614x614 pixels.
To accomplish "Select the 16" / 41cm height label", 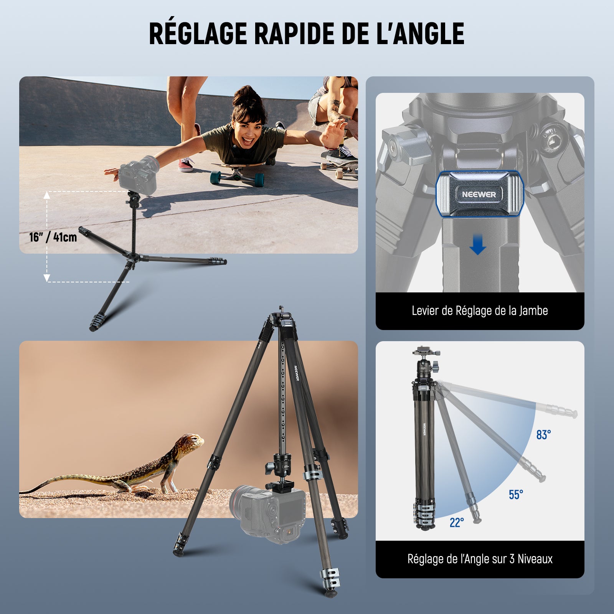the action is click(53, 237).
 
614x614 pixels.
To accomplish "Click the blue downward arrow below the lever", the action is click(477, 246).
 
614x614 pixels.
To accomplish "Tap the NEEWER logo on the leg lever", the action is click(479, 194).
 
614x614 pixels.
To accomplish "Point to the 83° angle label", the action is click(543, 435).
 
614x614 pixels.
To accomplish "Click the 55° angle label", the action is click(516, 495).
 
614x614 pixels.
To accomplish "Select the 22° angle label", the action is click(457, 522).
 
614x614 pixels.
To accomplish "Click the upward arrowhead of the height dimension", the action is click(47, 195).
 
